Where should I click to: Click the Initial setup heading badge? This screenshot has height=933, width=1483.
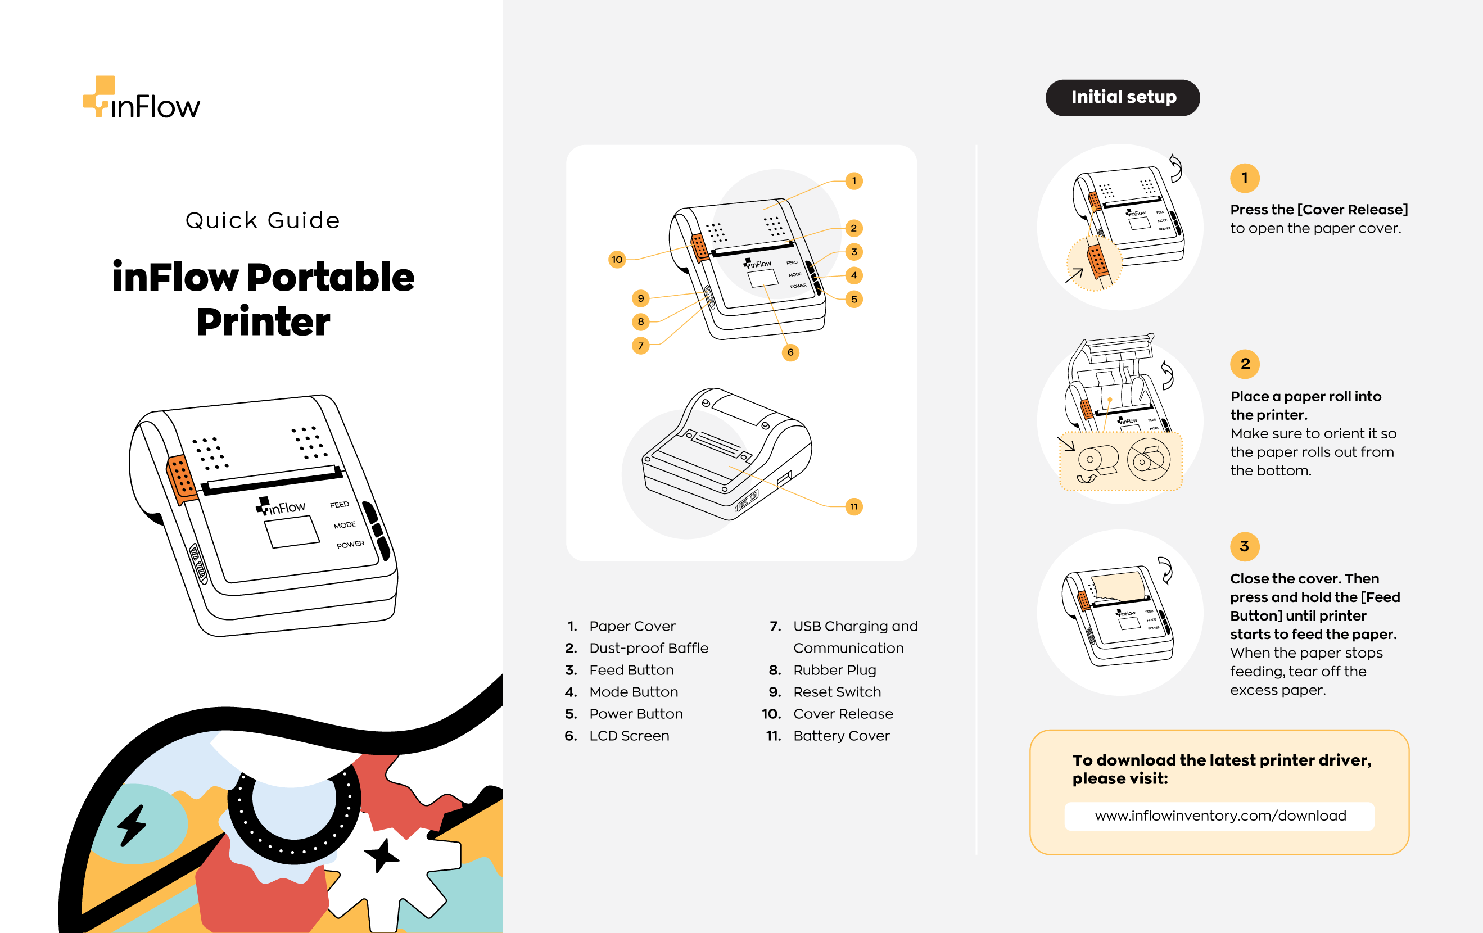coord(1122,97)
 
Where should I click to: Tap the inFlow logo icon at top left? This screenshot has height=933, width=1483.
coord(99,96)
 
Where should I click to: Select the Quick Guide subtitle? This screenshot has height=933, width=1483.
coord(263,220)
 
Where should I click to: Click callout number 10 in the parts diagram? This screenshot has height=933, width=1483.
coord(617,259)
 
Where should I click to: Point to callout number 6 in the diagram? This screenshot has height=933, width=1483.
coord(790,352)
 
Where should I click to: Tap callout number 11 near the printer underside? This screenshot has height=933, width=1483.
coord(853,506)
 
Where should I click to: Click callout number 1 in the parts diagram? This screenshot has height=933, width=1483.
coord(853,180)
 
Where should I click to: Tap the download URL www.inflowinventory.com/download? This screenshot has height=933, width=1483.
coord(1220,816)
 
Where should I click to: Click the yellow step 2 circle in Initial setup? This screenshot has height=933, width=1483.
coord(1245,364)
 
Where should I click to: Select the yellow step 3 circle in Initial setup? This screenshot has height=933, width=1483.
coord(1245,546)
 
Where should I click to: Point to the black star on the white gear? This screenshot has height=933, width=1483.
coord(382,855)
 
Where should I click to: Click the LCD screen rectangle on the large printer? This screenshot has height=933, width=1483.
coord(292,532)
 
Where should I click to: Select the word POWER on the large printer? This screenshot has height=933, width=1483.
coord(350,545)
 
